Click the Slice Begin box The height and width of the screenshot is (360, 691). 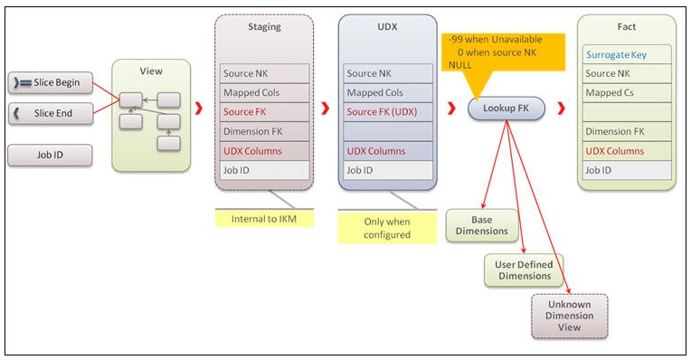[x=51, y=83]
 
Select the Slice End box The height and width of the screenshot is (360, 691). [x=51, y=113]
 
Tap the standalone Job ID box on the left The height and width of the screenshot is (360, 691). [x=51, y=155]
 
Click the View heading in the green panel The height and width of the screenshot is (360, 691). [x=151, y=71]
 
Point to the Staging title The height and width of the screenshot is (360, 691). [x=264, y=27]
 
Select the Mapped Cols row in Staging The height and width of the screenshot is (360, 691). [x=264, y=92]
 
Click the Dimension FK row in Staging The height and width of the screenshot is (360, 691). [x=264, y=131]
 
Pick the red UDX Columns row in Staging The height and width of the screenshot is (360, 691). [x=264, y=150]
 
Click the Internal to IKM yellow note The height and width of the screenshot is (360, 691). [x=264, y=218]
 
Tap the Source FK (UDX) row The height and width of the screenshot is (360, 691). [x=388, y=111]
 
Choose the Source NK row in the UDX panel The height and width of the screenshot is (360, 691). [x=388, y=73]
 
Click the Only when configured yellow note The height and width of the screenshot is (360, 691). [x=387, y=227]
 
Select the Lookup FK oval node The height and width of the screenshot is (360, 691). [x=506, y=109]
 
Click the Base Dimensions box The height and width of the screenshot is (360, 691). [x=482, y=225]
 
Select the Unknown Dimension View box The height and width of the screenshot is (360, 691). [x=569, y=316]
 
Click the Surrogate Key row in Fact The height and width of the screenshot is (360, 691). [x=627, y=54]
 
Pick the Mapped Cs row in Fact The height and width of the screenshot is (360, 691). [x=627, y=92]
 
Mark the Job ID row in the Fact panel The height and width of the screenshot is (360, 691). [x=627, y=169]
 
